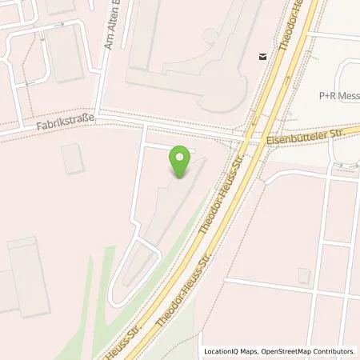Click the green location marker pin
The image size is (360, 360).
[x=180, y=162]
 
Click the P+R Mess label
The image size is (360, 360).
[x=339, y=94]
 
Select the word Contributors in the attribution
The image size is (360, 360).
[x=336, y=351]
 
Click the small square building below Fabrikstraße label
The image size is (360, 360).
[x=72, y=158]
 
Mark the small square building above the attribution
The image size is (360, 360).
[x=304, y=275]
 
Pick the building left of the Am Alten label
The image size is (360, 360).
[x=66, y=52]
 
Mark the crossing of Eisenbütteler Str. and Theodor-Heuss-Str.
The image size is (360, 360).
[x=253, y=140]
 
